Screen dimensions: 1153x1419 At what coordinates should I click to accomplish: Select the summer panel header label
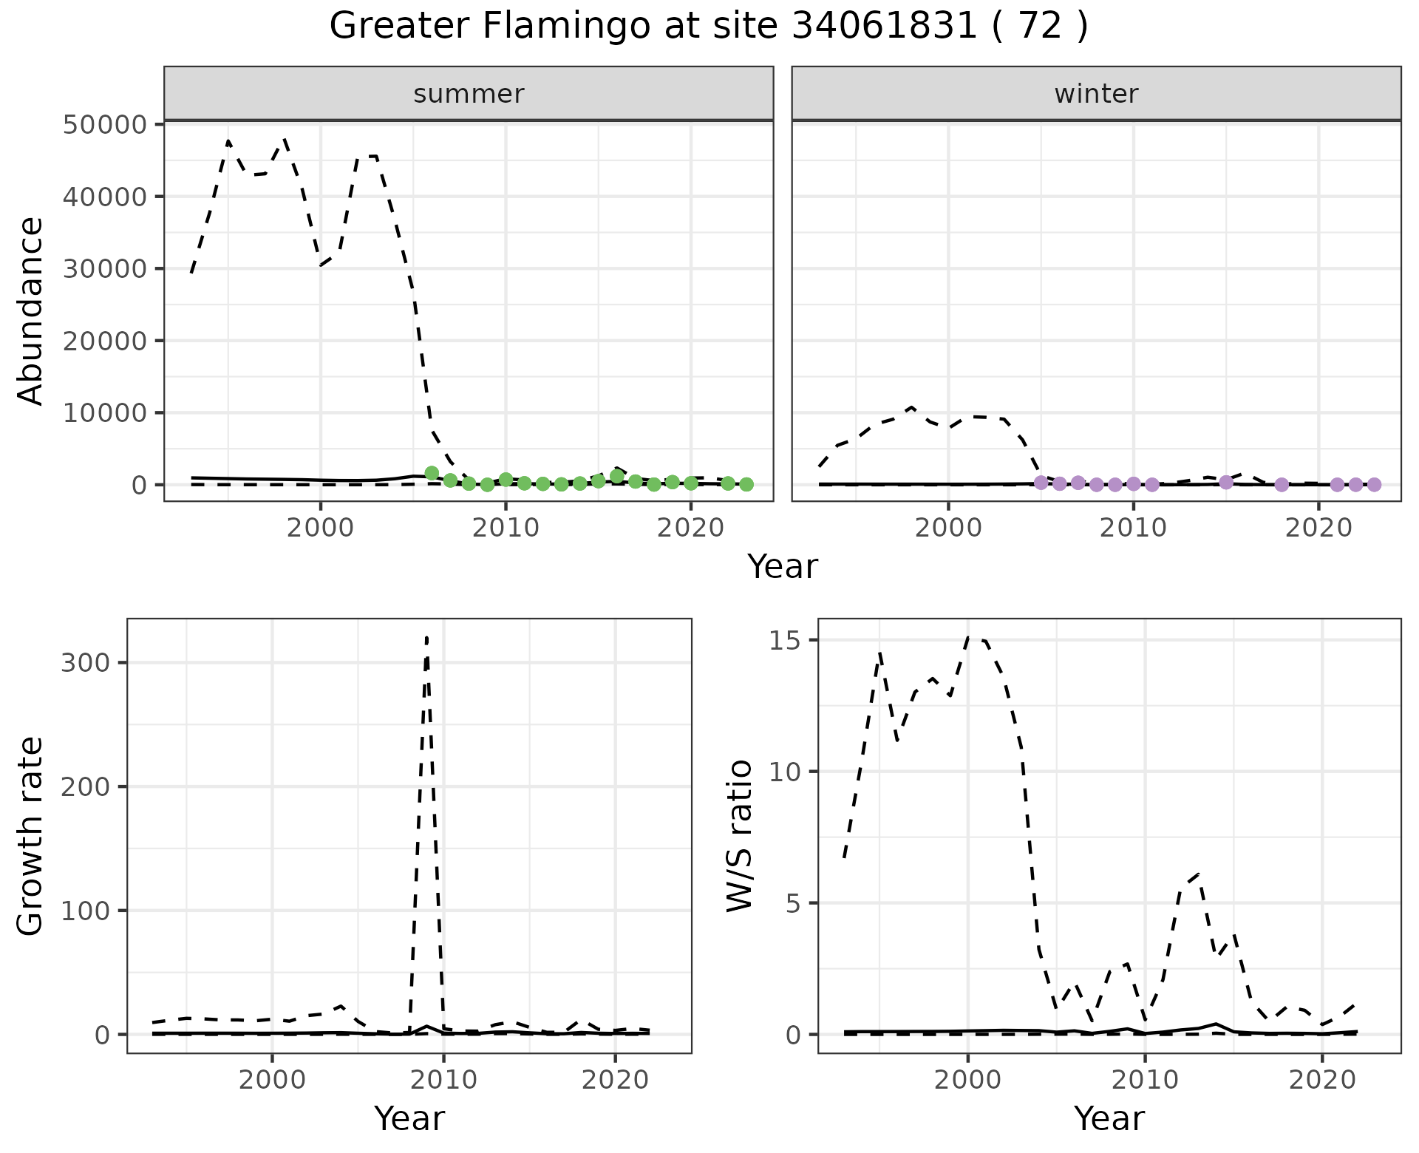coord(469,94)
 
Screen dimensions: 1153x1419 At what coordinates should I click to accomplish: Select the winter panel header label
coord(1096,94)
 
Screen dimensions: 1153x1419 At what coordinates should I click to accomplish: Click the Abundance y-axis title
coord(31,310)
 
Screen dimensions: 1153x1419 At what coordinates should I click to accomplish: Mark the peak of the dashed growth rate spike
coord(427,637)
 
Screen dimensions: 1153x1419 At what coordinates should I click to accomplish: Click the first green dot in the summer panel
coord(432,473)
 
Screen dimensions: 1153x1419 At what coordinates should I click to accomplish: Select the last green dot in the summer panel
coord(746,484)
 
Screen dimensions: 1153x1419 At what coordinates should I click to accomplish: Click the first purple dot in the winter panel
coord(1041,483)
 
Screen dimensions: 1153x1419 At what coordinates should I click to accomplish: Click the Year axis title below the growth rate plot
coord(409,1118)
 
